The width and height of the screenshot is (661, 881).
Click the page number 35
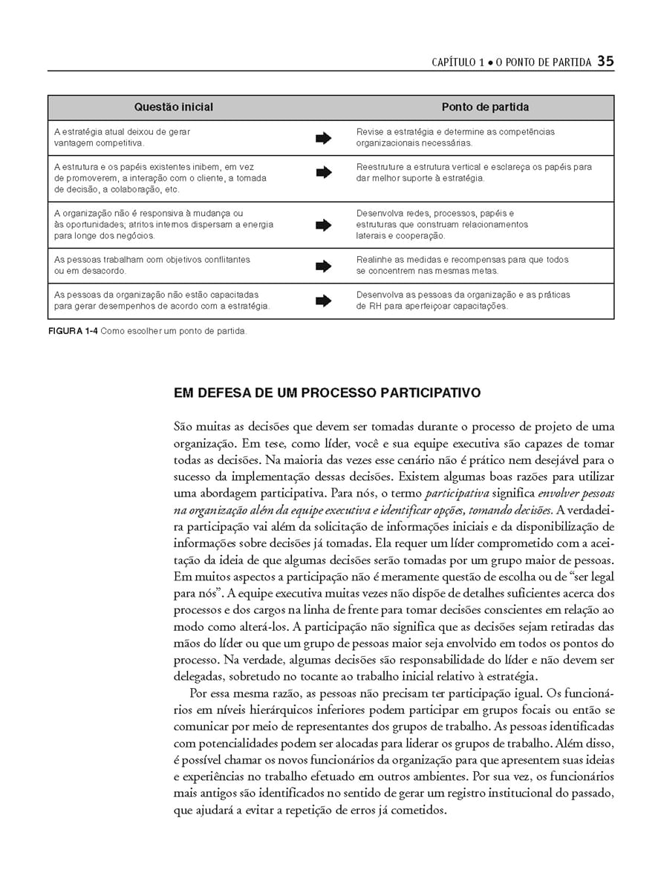[x=605, y=62]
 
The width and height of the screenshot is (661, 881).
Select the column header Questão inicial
[x=173, y=108]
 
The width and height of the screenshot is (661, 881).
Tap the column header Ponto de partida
[x=485, y=108]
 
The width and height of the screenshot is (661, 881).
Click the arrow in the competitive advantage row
[x=323, y=137]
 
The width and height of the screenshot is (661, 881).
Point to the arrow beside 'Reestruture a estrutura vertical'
[x=323, y=173]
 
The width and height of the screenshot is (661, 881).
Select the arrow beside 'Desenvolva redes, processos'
[x=323, y=225]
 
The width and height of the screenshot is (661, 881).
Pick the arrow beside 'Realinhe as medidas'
[x=323, y=266]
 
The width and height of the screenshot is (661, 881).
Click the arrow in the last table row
[x=323, y=301]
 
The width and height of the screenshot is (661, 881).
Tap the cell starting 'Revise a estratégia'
[x=455, y=137]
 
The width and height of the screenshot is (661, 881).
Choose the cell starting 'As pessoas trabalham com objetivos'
[x=152, y=266]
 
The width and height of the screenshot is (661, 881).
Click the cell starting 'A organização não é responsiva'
[x=163, y=225]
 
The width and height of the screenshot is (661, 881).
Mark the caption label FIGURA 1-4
[x=72, y=331]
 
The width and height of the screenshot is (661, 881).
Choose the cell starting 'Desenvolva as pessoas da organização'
[x=463, y=301]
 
